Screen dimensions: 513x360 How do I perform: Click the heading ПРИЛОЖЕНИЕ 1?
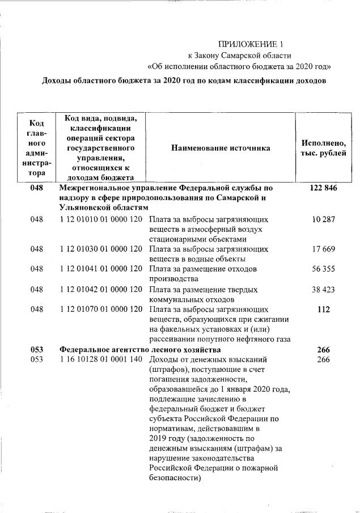tap(250, 44)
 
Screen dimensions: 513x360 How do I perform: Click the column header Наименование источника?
tap(221, 148)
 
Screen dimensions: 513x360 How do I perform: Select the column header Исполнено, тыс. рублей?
tap(323, 149)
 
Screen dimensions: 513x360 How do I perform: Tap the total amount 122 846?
tap(323, 188)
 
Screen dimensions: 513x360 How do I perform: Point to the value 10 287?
tap(323, 219)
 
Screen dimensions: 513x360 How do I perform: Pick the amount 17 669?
tap(323, 249)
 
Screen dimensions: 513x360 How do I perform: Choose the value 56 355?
tap(323, 269)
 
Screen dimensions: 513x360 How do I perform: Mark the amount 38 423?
tap(323, 290)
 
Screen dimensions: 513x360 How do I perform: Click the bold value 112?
tap(323, 310)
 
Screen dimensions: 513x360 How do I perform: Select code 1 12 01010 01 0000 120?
tap(100, 219)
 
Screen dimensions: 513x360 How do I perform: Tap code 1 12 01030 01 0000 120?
tap(100, 249)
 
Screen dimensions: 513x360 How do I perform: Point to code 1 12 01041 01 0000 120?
tap(100, 269)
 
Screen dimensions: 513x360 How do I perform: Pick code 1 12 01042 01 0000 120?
tap(100, 290)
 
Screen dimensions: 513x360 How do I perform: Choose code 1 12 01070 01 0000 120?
tap(100, 310)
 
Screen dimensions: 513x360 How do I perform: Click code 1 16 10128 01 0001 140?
tap(100, 360)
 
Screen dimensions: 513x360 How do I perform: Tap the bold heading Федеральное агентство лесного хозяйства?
tap(140, 350)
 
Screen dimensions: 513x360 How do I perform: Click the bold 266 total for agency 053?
tap(323, 350)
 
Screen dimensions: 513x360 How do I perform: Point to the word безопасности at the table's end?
tap(175, 478)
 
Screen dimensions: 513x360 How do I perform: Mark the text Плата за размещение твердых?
tap(203, 290)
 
